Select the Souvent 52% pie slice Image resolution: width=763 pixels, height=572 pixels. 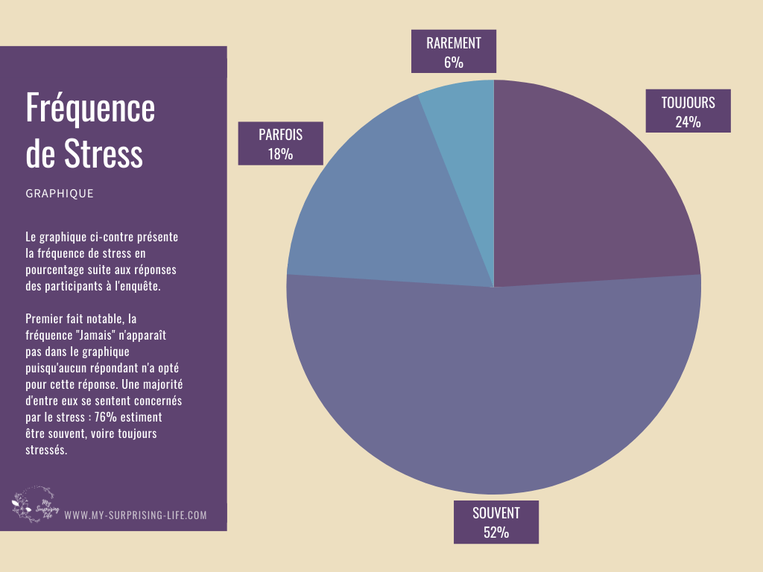492,387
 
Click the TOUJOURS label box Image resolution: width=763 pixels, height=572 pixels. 688,112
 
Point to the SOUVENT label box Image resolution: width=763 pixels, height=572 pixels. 496,522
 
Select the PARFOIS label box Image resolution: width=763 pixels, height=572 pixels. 280,143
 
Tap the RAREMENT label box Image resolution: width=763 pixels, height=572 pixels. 453,52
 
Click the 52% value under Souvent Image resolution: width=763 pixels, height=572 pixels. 496,532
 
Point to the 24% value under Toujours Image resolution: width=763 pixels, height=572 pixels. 688,121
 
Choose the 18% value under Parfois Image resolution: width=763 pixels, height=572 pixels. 280,154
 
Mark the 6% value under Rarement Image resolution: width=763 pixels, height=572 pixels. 453,63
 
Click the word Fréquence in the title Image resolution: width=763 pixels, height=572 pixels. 90,109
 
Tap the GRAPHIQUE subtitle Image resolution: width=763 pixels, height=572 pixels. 60,194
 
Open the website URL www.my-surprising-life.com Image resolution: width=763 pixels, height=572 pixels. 136,515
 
